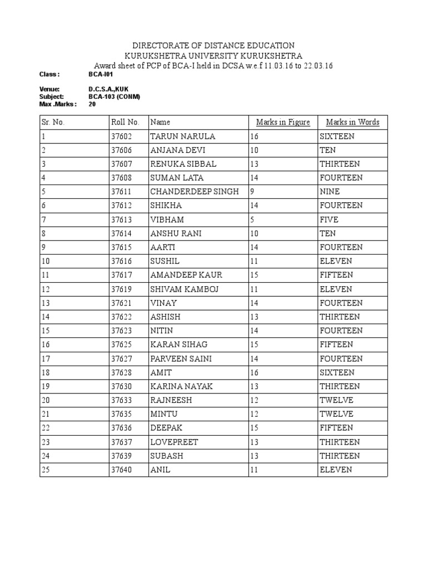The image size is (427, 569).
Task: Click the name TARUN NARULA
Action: [182, 136]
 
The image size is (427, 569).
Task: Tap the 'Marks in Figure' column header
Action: [282, 122]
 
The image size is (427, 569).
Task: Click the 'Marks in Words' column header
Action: [352, 122]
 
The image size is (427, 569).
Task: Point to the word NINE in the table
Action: [330, 192]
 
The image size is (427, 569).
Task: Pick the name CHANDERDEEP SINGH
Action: [195, 192]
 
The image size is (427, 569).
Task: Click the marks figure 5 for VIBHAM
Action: [252, 219]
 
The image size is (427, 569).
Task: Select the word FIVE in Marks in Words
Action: [329, 219]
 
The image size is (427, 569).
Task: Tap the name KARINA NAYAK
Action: [181, 386]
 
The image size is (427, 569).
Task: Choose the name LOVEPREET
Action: [174, 442]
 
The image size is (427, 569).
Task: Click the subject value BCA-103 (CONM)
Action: [114, 97]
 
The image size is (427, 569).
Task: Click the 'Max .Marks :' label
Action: [58, 103]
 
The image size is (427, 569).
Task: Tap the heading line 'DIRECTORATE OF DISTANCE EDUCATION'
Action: [213, 46]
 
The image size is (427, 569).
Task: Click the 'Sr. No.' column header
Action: [53, 122]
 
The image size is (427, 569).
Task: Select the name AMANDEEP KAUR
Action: [184, 275]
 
